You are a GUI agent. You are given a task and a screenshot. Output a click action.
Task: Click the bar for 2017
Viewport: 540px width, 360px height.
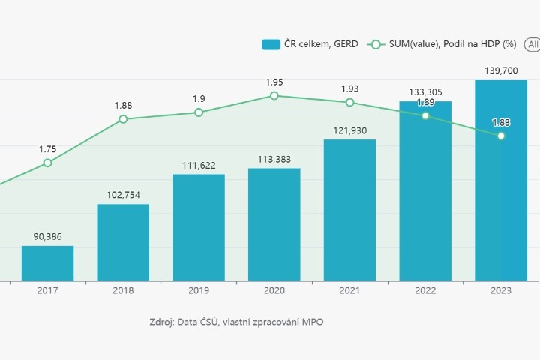[47, 263]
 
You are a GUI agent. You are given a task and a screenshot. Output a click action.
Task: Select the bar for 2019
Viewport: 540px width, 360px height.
[199, 227]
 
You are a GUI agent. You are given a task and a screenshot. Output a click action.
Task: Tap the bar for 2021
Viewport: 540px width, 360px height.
[349, 210]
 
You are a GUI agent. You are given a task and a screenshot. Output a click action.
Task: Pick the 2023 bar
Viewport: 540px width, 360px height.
[501, 180]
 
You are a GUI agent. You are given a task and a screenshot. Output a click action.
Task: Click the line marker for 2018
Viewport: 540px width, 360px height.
[123, 119]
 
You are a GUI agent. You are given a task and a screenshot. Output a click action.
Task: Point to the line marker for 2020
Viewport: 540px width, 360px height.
[274, 96]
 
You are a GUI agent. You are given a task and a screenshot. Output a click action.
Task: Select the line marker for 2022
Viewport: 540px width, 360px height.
[425, 115]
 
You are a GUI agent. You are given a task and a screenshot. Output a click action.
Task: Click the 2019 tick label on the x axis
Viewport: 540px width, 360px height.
[199, 291]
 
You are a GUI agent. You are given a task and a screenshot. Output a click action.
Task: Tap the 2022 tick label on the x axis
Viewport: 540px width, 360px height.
[425, 291]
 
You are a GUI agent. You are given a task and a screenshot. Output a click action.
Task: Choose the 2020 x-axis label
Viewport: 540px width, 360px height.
[274, 291]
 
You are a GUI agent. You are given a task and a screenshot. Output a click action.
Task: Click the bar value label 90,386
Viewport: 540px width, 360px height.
[48, 237]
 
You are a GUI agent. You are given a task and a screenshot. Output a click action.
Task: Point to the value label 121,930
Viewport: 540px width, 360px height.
[350, 131]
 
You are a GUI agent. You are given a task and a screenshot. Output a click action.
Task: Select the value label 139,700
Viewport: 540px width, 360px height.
[501, 70]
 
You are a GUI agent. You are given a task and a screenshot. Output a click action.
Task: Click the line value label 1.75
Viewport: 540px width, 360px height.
[48, 149]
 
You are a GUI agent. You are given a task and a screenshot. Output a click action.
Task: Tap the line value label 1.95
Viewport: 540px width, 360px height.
[274, 82]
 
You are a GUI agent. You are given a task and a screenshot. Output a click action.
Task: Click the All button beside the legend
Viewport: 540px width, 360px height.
[532, 44]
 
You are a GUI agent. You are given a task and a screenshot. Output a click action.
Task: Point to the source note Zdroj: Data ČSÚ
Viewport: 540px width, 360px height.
[236, 322]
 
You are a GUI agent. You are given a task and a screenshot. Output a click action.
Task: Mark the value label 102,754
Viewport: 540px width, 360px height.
[123, 195]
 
